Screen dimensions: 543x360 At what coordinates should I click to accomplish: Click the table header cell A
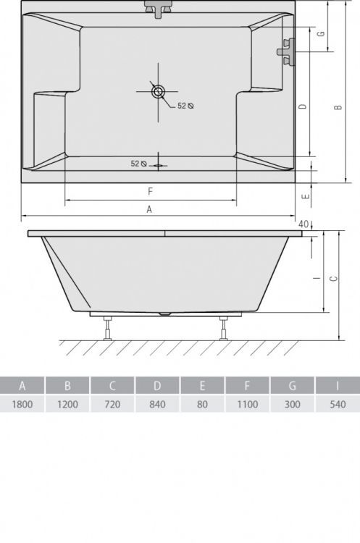pyautogui.click(x=22, y=385)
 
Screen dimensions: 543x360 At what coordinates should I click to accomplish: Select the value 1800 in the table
pyautogui.click(x=22, y=404)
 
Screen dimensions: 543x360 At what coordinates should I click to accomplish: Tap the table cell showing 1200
pyautogui.click(x=67, y=404)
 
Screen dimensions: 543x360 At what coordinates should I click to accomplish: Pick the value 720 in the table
pyautogui.click(x=112, y=404)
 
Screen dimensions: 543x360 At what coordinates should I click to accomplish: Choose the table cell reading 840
pyautogui.click(x=157, y=404)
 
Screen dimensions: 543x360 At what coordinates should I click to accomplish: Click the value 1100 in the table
pyautogui.click(x=247, y=404)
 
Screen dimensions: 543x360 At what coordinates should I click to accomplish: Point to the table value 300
pyautogui.click(x=292, y=404)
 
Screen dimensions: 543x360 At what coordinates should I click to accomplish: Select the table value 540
pyautogui.click(x=337, y=404)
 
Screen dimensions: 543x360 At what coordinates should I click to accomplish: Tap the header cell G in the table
pyautogui.click(x=292, y=385)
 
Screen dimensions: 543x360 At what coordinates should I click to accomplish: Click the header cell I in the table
pyautogui.click(x=337, y=385)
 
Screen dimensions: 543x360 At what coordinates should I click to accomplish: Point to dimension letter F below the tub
pyautogui.click(x=150, y=191)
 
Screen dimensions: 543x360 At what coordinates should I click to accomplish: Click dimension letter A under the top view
pyautogui.click(x=150, y=209)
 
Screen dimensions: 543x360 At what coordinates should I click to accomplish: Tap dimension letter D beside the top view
pyautogui.click(x=304, y=106)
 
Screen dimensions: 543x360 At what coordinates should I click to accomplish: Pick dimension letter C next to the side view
pyautogui.click(x=332, y=278)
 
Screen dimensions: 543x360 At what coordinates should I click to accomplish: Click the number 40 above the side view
pyautogui.click(x=304, y=224)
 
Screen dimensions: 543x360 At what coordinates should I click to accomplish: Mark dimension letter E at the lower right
pyautogui.click(x=306, y=194)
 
